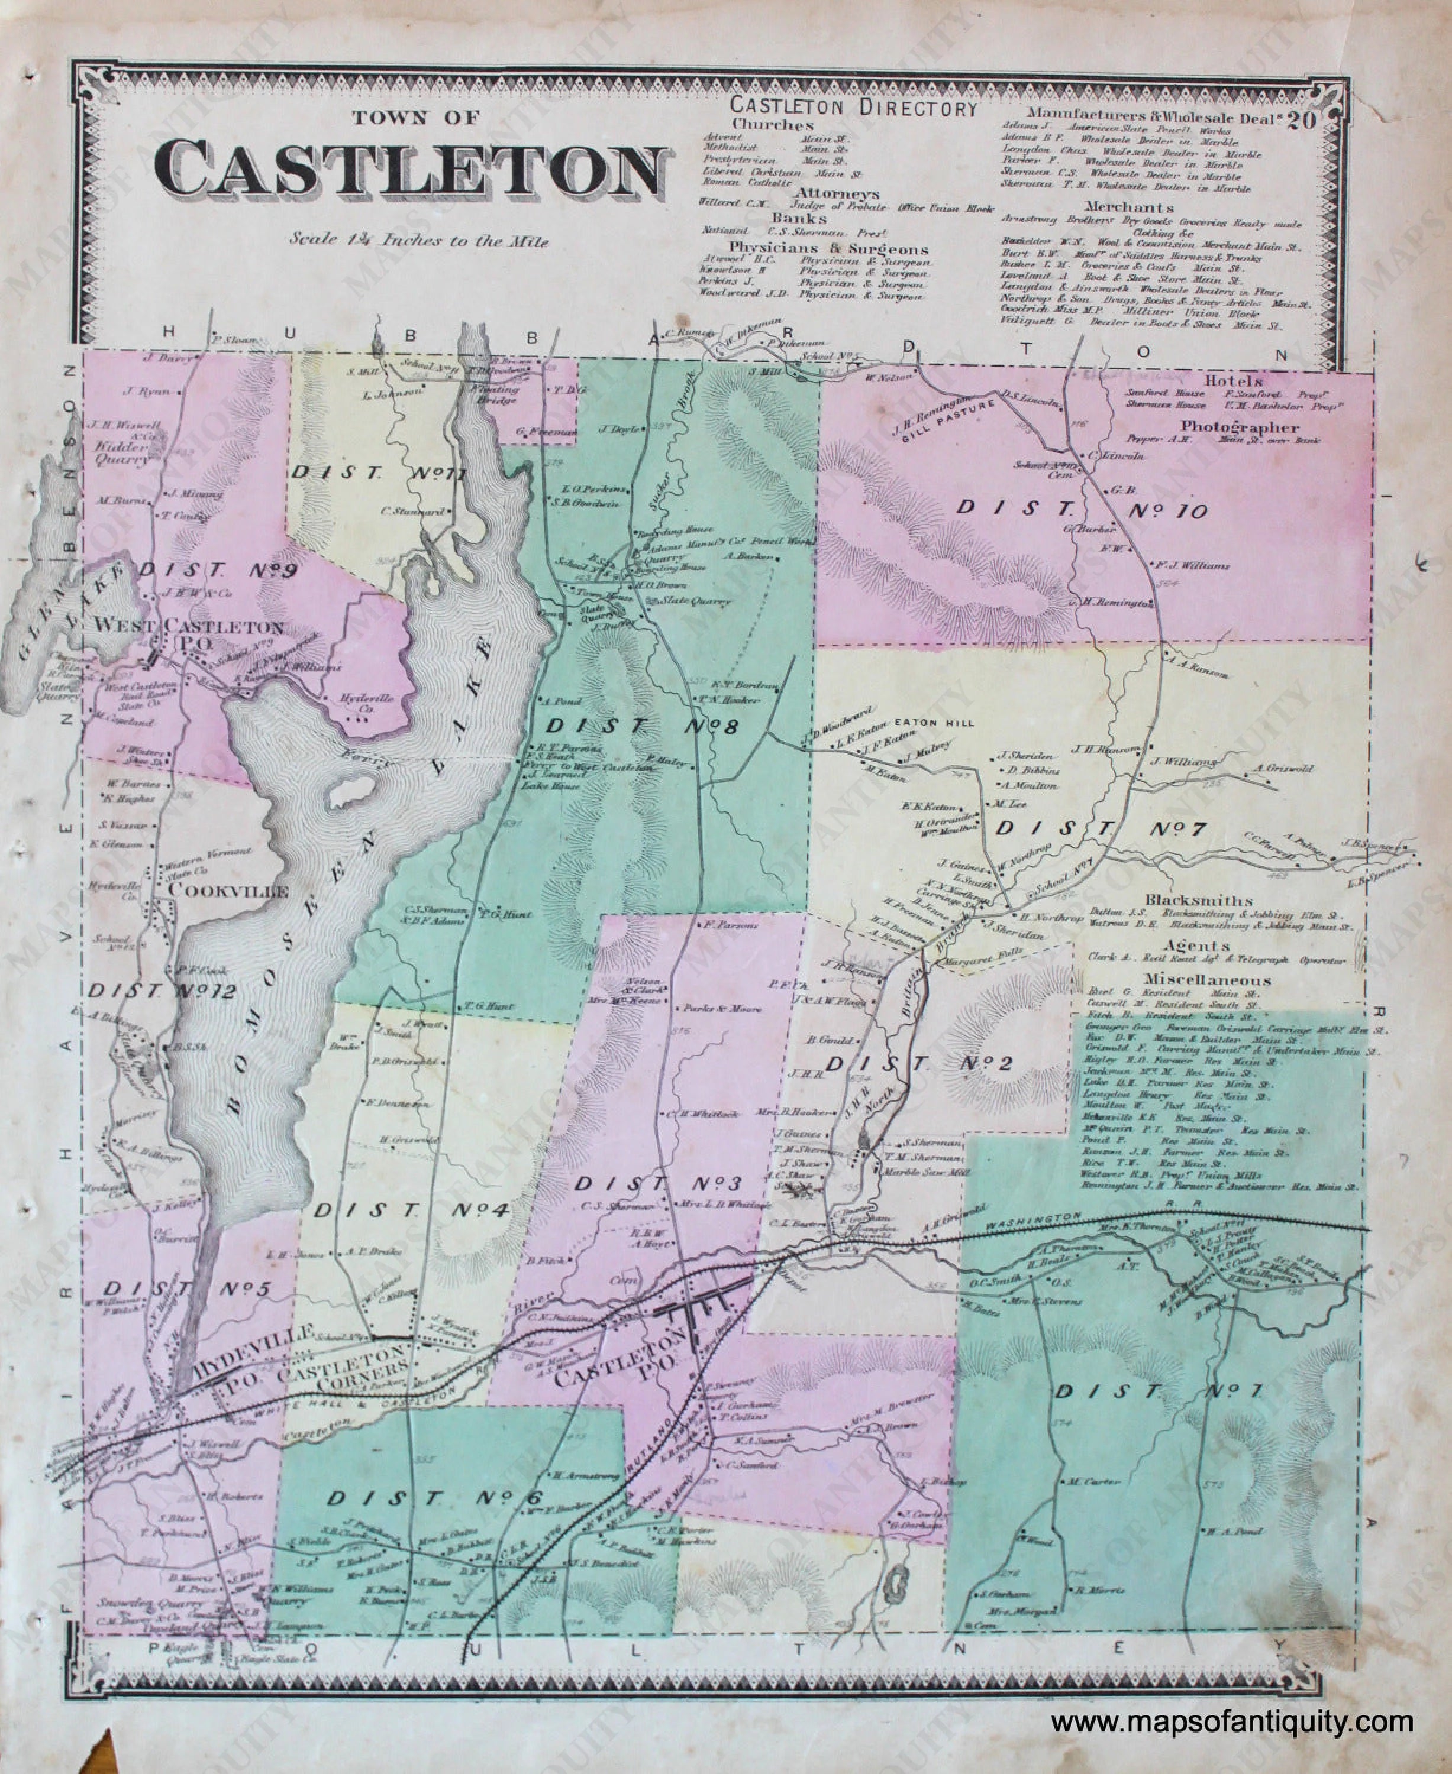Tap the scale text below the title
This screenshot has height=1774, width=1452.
click(x=419, y=240)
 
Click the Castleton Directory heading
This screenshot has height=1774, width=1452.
click(x=853, y=108)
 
